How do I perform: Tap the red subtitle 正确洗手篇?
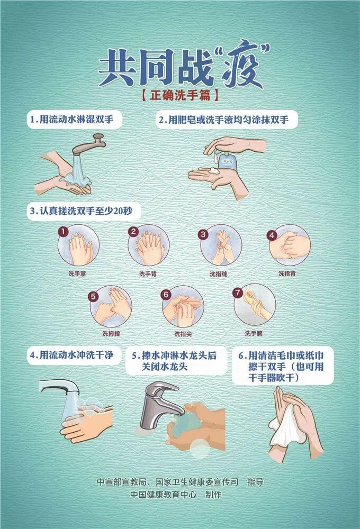tap(180, 97)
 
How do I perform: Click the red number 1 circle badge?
tap(63, 232)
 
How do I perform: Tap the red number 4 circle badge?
tap(272, 234)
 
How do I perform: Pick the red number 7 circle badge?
tap(238, 292)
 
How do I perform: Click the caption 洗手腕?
tap(253, 333)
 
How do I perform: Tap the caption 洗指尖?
tap(183, 334)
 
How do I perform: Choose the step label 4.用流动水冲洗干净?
tap(71, 355)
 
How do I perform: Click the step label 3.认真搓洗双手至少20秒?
tap(83, 212)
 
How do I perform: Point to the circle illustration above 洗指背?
tap(290, 245)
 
